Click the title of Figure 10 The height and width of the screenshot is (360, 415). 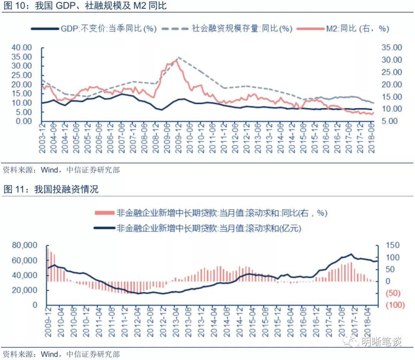pyautogui.click(x=85, y=6)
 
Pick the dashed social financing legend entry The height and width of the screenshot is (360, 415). pyautogui.click(x=227, y=29)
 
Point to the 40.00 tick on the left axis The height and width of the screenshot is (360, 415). pyautogui.click(x=22, y=48)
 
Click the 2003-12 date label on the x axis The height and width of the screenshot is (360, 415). pyautogui.click(x=42, y=140)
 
